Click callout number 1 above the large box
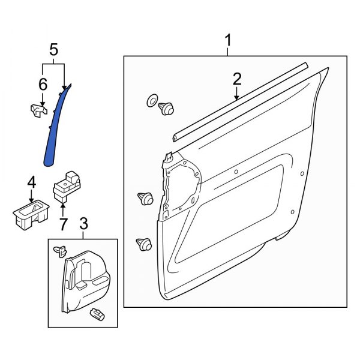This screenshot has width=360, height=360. [x=228, y=41]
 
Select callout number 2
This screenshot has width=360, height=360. [x=237, y=79]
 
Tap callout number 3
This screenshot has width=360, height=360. [x=83, y=224]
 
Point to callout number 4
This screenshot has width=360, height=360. [x=32, y=182]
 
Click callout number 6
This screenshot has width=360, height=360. [x=43, y=85]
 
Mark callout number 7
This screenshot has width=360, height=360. [x=62, y=224]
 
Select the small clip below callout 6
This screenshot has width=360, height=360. [x=38, y=109]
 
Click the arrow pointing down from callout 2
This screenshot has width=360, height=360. [x=237, y=93]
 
